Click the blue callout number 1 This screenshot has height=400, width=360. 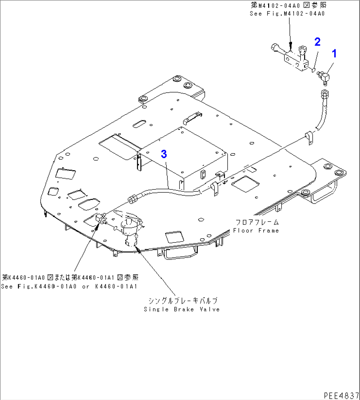pyautogui.click(x=334, y=53)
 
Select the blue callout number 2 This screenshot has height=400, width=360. pyautogui.click(x=317, y=42)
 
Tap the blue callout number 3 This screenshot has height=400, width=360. pyautogui.click(x=164, y=154)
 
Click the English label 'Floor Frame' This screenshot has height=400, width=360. pyautogui.click(x=256, y=230)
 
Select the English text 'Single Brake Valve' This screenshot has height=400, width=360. pyautogui.click(x=182, y=309)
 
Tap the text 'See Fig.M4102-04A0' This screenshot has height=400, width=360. pyautogui.click(x=287, y=14)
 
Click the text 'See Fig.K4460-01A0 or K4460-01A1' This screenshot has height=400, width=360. pyautogui.click(x=69, y=286)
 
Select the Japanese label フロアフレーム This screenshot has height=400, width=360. pyautogui.click(x=257, y=222)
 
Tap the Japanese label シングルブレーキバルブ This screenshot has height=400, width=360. pyautogui.click(x=183, y=300)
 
